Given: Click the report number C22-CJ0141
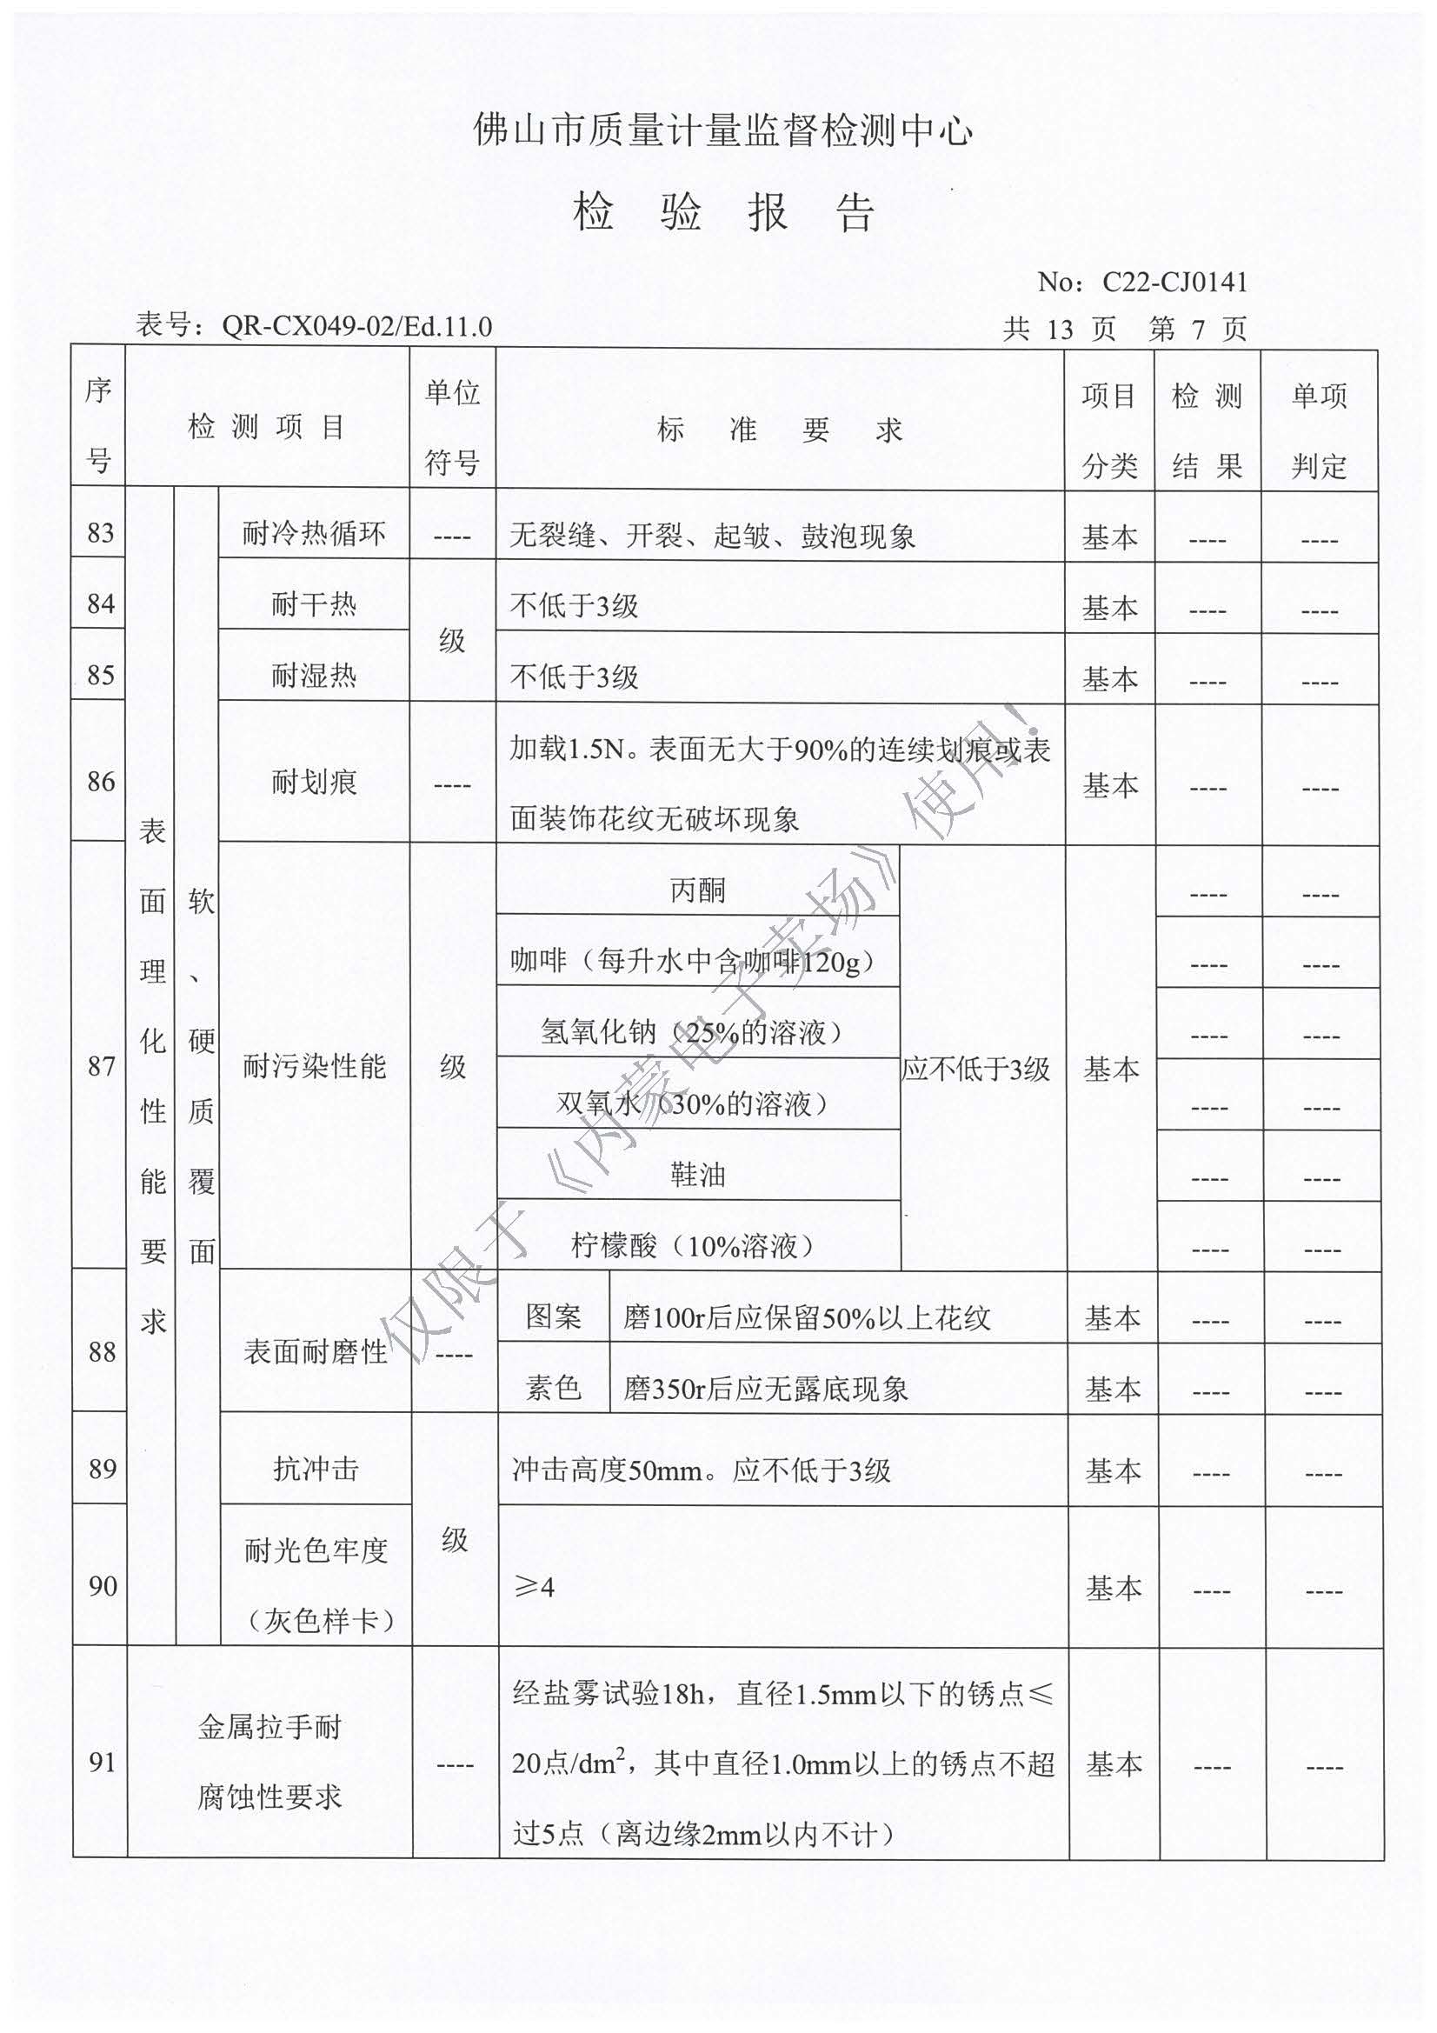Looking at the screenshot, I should coord(1174,283).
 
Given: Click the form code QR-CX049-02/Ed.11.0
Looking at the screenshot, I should coord(356,326).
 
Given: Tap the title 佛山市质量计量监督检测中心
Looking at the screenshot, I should coord(722,130).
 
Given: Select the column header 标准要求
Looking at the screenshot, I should coord(779,430).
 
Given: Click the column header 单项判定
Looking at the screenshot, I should coord(1319,430).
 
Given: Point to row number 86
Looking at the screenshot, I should coord(101,782).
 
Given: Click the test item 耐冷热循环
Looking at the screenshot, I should coord(314,534).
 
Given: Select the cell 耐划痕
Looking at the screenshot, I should coord(314,782).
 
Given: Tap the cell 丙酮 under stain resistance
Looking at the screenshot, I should coord(698,890).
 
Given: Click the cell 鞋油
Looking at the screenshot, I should coord(698,1175).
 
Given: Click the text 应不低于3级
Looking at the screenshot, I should coord(975,1069).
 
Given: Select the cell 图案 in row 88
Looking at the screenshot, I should coord(554,1316).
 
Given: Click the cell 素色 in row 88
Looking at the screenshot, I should coord(554,1388).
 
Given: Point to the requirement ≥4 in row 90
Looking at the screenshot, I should coord(535,1588).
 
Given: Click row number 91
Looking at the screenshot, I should coord(102,1762).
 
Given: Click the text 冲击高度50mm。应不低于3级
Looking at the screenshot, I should coord(702,1470).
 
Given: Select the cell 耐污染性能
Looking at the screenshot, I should coord(315,1067).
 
